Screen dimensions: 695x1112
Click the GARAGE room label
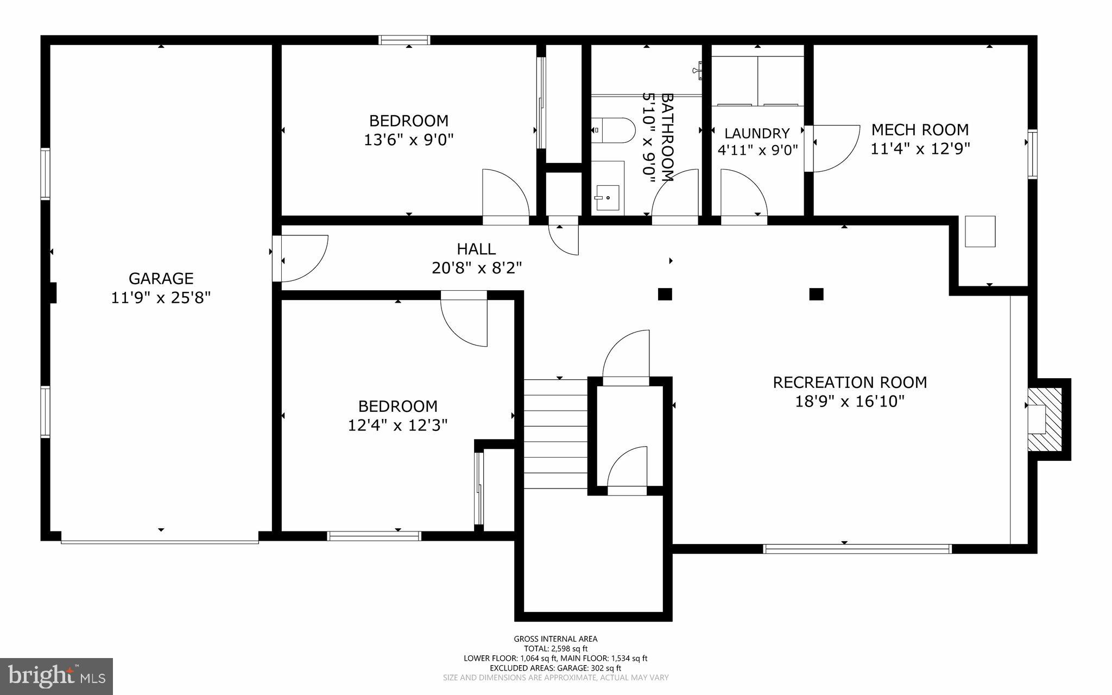click(161, 278)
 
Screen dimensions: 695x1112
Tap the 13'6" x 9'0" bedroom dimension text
click(408, 140)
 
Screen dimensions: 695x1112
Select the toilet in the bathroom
click(614, 130)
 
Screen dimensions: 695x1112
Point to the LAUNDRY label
click(757, 133)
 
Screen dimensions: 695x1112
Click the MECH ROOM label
click(920, 130)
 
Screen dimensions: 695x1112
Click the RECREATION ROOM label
click(850, 383)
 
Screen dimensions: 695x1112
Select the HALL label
click(476, 249)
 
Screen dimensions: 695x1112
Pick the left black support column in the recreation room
click(665, 294)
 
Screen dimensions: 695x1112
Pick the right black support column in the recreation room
click(816, 294)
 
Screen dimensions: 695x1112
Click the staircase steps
click(555, 434)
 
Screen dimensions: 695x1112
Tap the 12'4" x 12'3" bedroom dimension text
click(397, 425)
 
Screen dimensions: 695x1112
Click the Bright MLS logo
click(56, 675)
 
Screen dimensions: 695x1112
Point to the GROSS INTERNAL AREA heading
click(555, 639)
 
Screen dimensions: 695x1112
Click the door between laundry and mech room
click(831, 148)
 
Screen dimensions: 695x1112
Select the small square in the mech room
click(980, 231)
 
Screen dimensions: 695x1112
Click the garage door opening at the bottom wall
click(160, 541)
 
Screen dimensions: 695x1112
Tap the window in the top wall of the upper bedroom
click(405, 40)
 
